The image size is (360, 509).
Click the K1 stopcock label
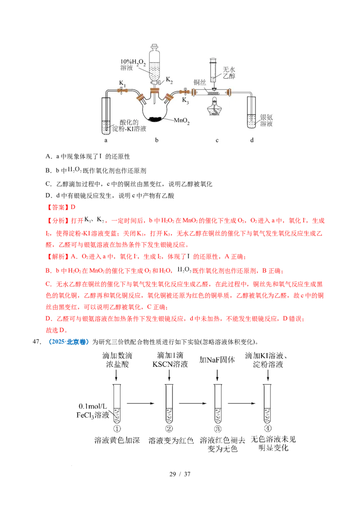122,83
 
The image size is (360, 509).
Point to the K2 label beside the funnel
169,80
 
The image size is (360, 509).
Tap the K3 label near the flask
185,100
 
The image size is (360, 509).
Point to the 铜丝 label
199,82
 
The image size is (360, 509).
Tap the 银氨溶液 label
266,120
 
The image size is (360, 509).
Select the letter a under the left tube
106,140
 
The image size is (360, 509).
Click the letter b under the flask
157,140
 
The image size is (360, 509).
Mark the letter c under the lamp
217,140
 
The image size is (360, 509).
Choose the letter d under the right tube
252,140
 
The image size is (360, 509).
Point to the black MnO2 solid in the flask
156,119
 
